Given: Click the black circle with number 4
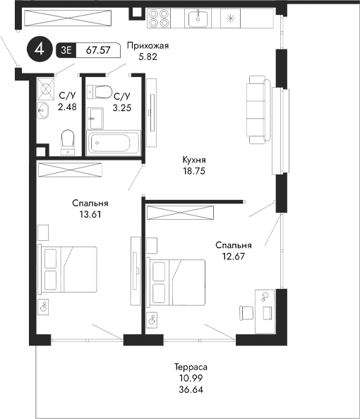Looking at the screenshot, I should coord(40,49).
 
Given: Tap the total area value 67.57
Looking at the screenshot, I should coord(97,50).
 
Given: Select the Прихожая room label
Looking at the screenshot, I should coord(148,47).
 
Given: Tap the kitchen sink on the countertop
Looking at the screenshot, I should coord(200,16).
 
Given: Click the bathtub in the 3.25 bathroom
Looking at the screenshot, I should coord(112,141).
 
